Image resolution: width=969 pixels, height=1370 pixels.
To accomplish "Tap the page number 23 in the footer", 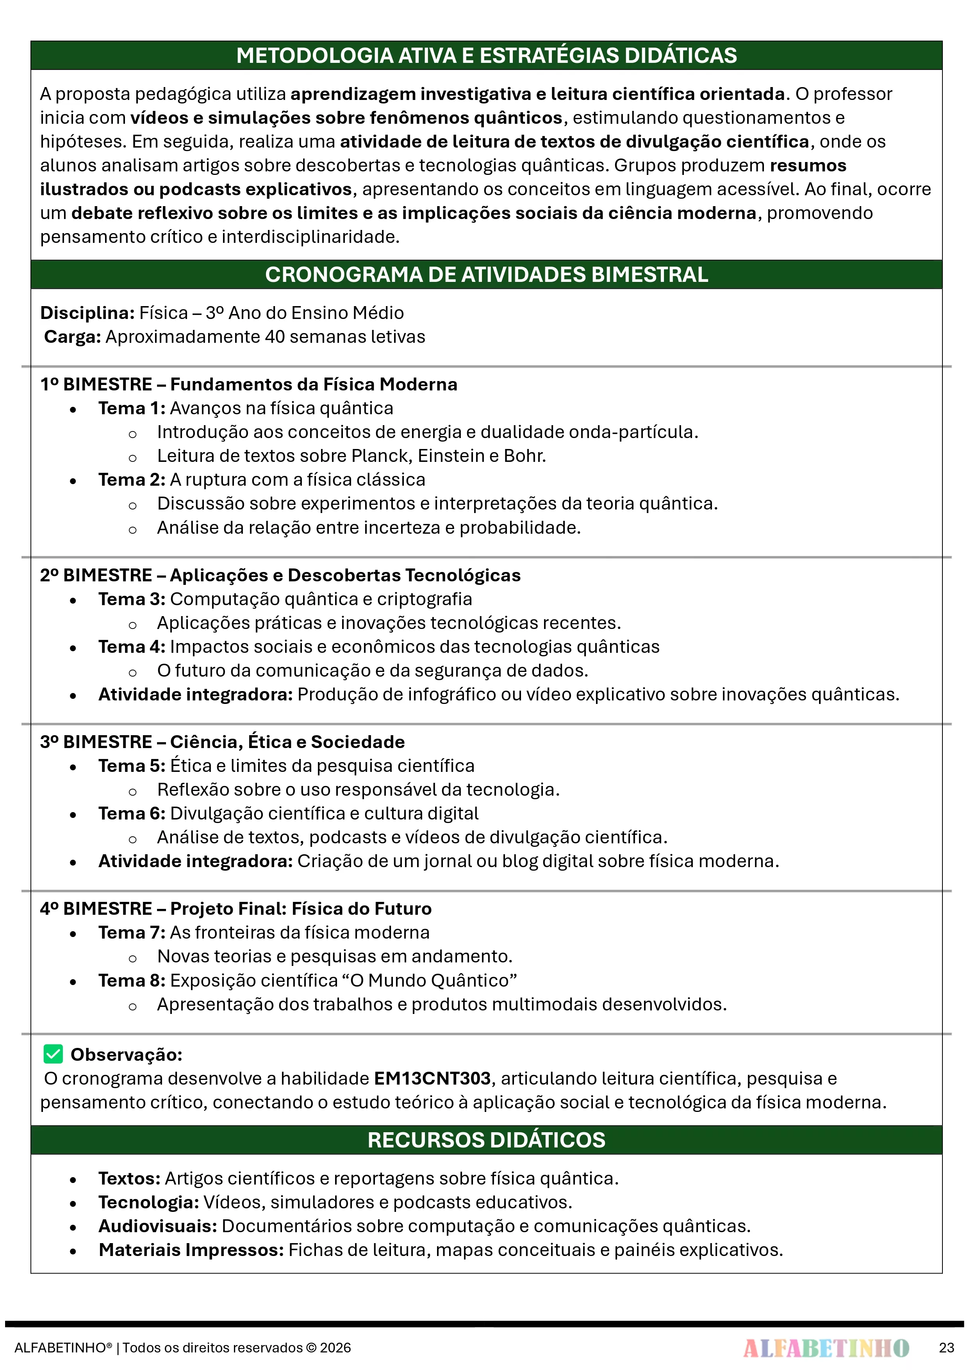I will tap(946, 1347).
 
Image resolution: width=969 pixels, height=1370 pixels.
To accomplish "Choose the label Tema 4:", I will tap(131, 647).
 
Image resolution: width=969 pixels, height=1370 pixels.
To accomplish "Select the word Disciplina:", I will tap(87, 313).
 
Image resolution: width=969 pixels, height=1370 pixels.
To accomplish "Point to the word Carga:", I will tap(72, 337).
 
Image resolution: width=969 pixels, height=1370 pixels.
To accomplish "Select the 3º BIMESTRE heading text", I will tap(222, 742).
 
